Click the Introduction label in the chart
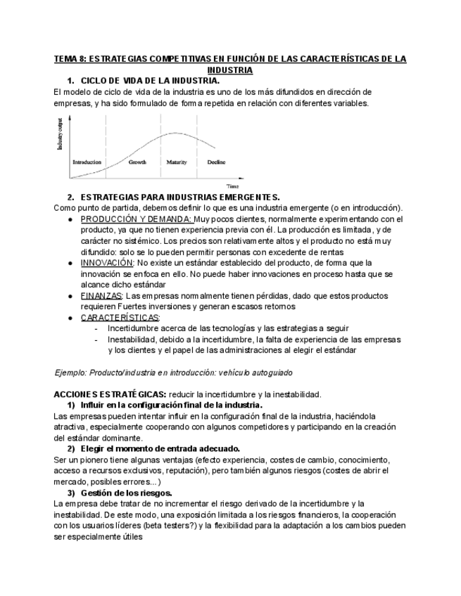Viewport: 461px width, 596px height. pos(87,162)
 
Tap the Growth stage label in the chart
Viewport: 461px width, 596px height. pos(137,162)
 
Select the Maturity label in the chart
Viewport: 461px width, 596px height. pos(176,162)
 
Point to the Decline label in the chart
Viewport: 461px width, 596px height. pos(216,162)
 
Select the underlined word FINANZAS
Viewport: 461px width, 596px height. pos(101,296)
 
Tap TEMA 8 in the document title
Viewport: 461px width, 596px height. pos(72,59)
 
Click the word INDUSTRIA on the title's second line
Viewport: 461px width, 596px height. pos(230,70)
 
